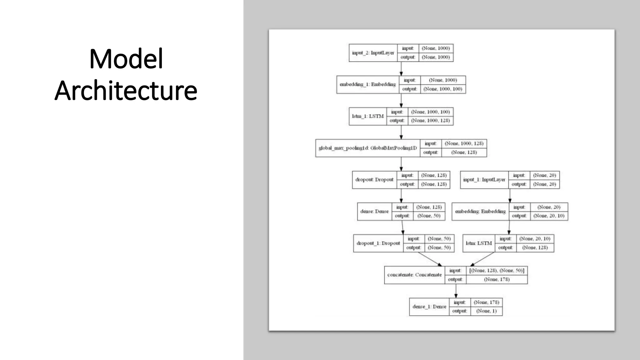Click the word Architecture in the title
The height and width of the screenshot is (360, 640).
[126, 91]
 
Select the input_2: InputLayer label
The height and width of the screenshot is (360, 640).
[373, 53]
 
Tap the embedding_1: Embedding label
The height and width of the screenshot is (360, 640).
[367, 84]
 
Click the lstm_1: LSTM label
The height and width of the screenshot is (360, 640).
[367, 116]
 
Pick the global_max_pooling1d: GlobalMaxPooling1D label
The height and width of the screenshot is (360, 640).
[367, 148]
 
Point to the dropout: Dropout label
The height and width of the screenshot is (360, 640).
[374, 180]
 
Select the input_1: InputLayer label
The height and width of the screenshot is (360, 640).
[484, 180]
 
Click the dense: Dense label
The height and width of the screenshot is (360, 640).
[374, 212]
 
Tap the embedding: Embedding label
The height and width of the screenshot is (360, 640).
[480, 212]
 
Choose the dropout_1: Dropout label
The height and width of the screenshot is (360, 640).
[378, 243]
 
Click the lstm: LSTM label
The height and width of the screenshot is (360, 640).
[478, 243]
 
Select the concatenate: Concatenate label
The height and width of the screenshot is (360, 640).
[414, 275]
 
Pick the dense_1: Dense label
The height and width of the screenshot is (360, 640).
[429, 307]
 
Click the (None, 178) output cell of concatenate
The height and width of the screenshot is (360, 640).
[497, 279]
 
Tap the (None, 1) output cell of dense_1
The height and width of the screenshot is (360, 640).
[486, 311]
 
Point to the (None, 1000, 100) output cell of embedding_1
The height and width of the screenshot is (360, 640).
[442, 89]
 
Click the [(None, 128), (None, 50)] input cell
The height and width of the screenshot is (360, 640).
[497, 271]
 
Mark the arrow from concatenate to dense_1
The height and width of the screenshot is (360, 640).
[456, 291]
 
